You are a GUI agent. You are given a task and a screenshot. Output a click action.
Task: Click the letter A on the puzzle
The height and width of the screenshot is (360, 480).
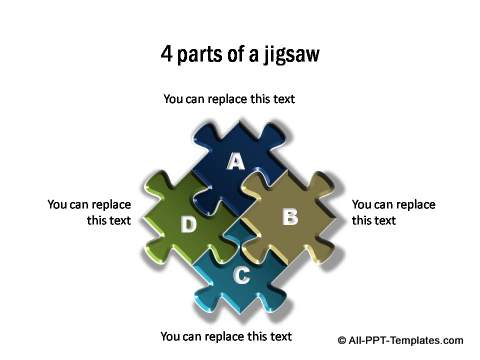pyautogui.click(x=236, y=161)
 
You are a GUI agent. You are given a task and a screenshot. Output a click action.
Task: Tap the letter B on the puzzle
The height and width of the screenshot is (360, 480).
pyautogui.click(x=290, y=216)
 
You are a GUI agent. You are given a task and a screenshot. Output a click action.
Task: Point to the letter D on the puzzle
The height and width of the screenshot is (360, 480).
pyautogui.click(x=188, y=225)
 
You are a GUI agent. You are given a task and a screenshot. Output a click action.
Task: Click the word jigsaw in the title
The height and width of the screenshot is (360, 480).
pyautogui.click(x=287, y=54)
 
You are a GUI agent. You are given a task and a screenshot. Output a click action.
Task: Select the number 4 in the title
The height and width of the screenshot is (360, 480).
pyautogui.click(x=167, y=53)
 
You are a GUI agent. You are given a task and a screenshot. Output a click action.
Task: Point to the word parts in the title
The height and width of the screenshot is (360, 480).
pyautogui.click(x=202, y=54)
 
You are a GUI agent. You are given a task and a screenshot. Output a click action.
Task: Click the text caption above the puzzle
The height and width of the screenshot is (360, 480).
pyautogui.click(x=229, y=99)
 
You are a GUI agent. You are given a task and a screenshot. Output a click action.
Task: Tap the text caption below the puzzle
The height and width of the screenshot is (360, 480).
pyautogui.click(x=226, y=336)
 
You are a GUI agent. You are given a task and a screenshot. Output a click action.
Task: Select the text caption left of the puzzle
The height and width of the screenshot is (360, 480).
pyautogui.click(x=89, y=212)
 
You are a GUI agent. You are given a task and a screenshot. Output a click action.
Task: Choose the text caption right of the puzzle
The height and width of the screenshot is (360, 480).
pyautogui.click(x=393, y=212)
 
